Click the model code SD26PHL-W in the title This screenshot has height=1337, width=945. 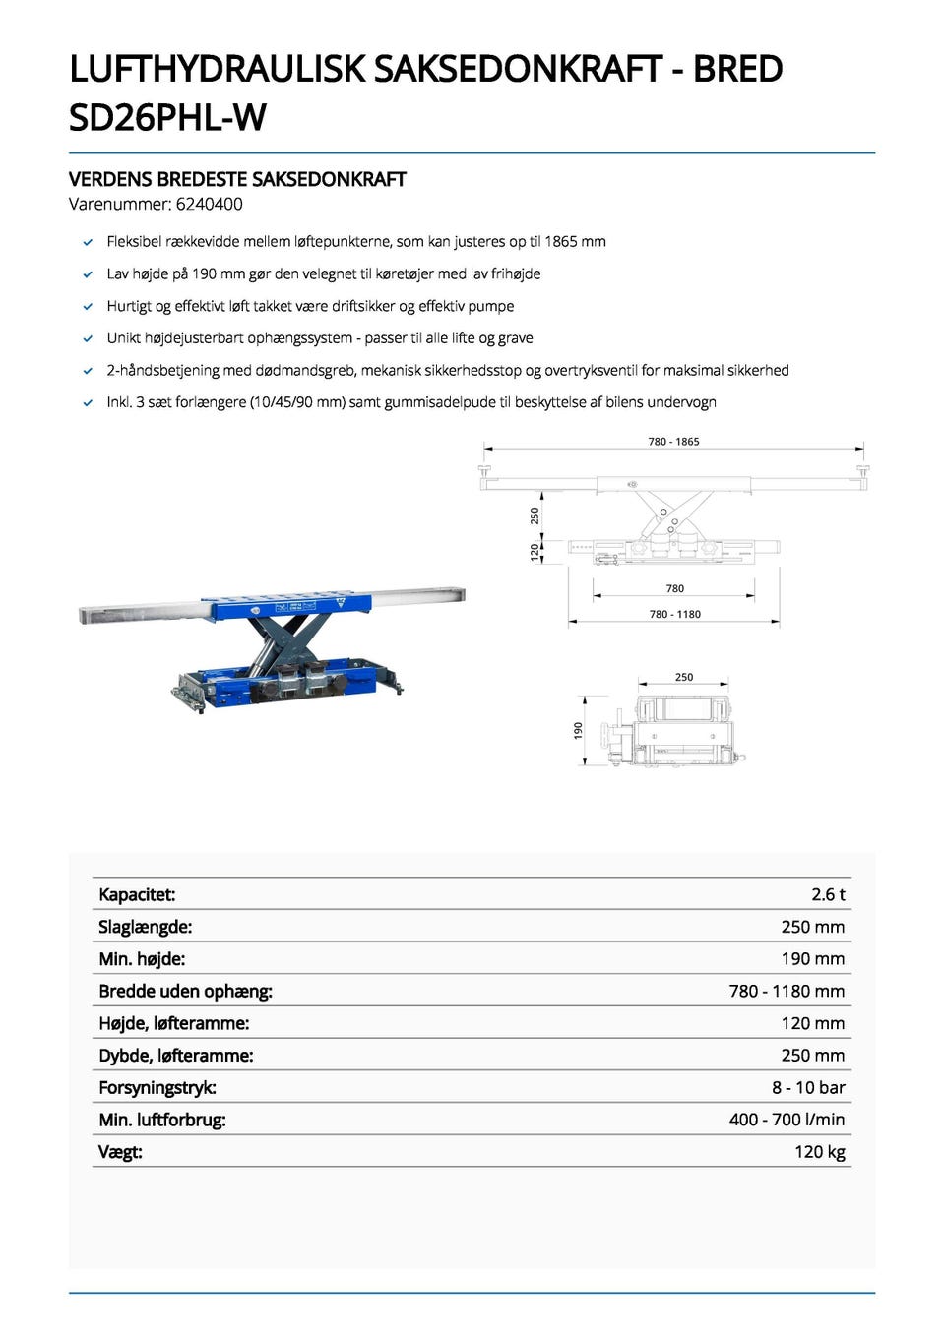167,118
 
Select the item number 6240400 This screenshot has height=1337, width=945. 209,205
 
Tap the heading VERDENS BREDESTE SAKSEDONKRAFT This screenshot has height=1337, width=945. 237,179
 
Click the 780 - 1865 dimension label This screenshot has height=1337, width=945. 673,442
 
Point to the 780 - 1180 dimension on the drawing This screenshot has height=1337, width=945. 674,614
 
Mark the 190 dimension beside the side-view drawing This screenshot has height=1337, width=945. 579,729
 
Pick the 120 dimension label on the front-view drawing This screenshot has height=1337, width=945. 535,551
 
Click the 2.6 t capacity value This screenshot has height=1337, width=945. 828,894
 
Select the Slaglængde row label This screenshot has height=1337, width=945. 145,927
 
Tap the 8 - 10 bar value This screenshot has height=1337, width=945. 808,1087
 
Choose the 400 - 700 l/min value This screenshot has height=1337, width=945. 787,1120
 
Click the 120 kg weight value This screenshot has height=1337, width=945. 819,1152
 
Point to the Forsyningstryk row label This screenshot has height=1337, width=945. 157,1087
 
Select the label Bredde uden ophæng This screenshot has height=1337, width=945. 185,991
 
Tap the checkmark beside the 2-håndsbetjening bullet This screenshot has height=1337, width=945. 88,371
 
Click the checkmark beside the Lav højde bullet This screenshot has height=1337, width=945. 88,274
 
